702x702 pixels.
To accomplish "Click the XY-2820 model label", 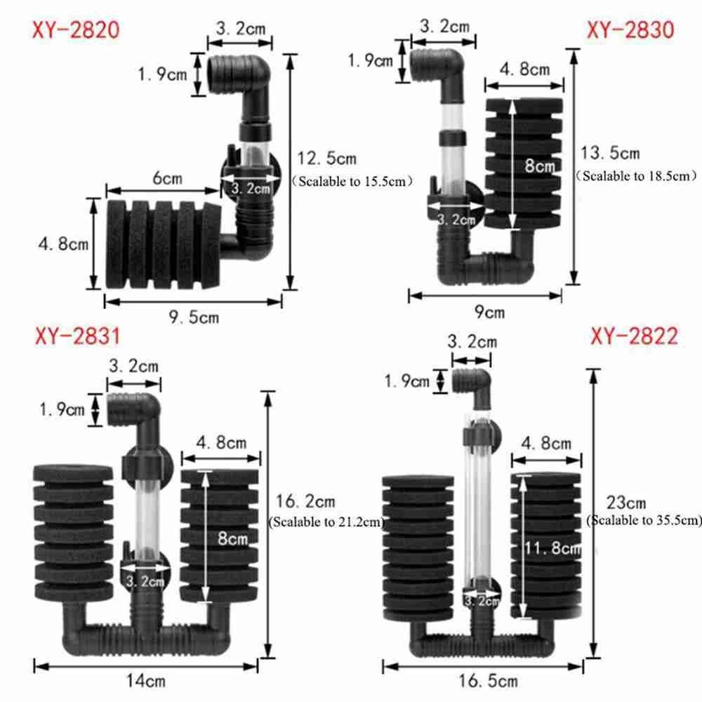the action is click(x=76, y=30).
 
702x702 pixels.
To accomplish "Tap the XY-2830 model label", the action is click(x=630, y=30).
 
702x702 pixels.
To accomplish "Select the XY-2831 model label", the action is click(x=77, y=336).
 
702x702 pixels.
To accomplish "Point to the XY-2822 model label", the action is click(x=635, y=336).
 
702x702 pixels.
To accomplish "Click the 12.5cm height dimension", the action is click(x=327, y=159).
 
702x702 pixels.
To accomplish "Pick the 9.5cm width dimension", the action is click(x=194, y=317).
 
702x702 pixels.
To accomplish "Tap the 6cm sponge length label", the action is click(x=168, y=178).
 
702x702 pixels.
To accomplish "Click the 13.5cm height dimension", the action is click(x=610, y=153).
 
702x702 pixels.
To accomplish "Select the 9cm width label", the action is click(x=489, y=312).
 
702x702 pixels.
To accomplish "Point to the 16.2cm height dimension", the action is click(x=305, y=501).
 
